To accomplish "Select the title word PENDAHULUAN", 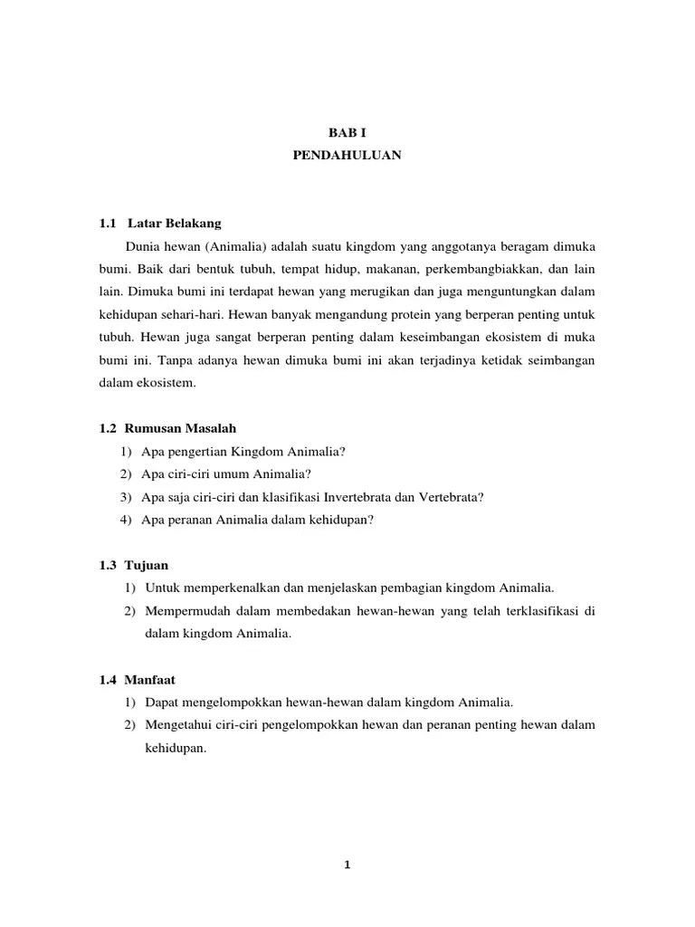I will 347,156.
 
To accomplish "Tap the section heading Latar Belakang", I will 175,223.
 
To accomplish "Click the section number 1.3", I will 109,565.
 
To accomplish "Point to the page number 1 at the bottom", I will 347,865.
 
